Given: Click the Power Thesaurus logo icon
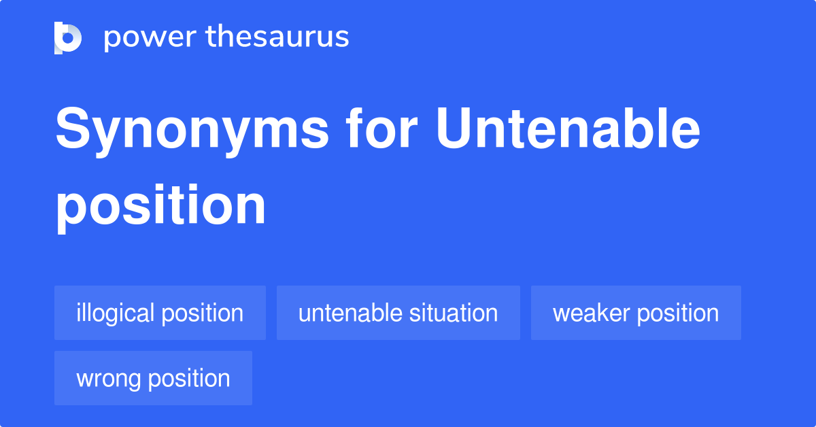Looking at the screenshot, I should pyautogui.click(x=68, y=37).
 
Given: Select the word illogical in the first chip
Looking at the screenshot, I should pyautogui.click(x=115, y=313).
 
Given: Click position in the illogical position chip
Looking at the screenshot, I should pyautogui.click(x=202, y=314).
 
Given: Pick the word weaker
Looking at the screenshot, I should pyautogui.click(x=590, y=313).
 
